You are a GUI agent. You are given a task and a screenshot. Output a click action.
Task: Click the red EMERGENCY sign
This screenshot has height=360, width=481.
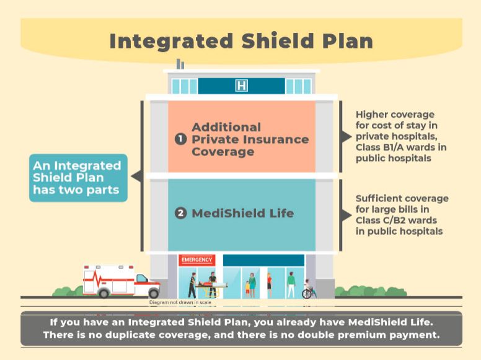(196, 260)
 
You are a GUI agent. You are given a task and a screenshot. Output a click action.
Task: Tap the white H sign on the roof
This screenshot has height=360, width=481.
(241, 86)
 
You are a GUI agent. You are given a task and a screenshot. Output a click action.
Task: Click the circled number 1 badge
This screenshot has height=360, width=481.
(180, 139)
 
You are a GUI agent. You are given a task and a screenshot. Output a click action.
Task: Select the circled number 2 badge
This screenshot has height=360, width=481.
(180, 213)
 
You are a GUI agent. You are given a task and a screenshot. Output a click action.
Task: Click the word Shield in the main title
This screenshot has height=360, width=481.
(277, 41)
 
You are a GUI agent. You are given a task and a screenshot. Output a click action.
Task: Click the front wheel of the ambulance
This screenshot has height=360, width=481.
(154, 294)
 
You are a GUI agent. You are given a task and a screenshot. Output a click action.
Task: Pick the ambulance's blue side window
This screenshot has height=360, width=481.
(142, 278)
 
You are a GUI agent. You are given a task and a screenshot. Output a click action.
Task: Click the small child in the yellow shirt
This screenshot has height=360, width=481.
(247, 289)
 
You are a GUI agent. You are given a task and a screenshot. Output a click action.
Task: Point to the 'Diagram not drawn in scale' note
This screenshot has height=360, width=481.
(180, 302)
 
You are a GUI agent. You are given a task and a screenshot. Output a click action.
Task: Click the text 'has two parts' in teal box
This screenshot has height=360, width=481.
(76, 190)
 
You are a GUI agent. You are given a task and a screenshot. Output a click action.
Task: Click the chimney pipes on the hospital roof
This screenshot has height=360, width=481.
(180, 64)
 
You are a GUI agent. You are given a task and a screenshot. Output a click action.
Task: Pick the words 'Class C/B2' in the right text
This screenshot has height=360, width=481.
(378, 220)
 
